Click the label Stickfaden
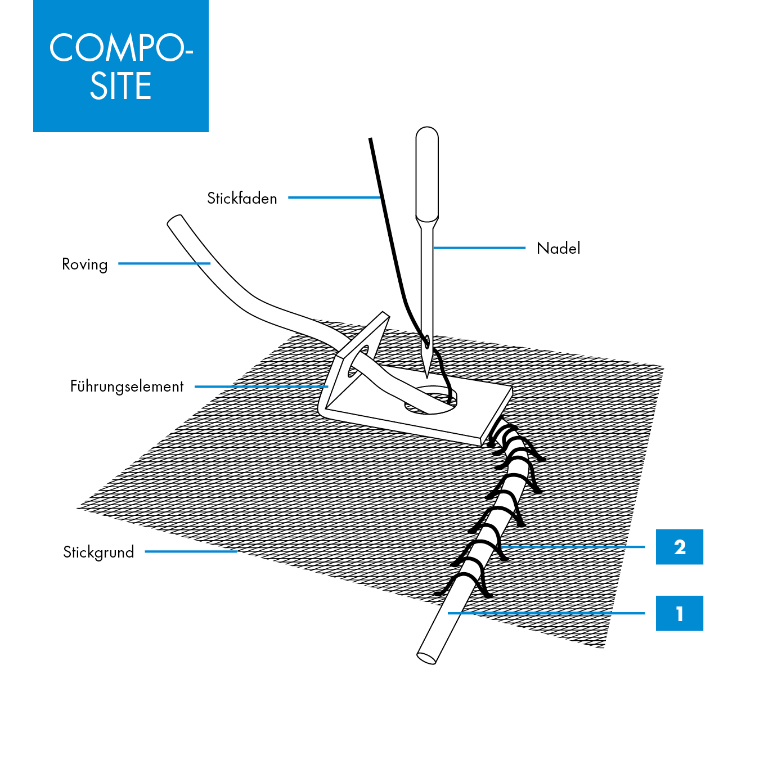pos(242,199)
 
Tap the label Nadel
pos(558,248)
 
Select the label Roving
pos(84,264)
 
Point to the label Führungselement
pos(127,387)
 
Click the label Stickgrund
pos(98,552)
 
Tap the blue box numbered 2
pos(679,547)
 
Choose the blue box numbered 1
pos(679,613)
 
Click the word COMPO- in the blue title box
pos(121,48)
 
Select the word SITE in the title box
pos(121,87)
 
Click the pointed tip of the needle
pos(427,376)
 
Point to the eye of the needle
pos(427,340)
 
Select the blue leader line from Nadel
pos(479,248)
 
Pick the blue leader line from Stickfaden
pos(335,197)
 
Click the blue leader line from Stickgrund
pos(191,552)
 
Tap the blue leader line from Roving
pos(164,263)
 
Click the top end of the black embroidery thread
pos(370,140)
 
